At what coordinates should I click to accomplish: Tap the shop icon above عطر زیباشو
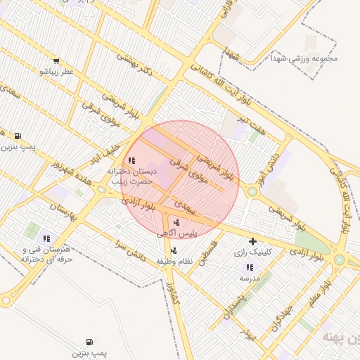pos(56,61)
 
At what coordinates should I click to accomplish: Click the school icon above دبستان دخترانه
pos(132,160)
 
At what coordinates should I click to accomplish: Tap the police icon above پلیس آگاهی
pos(176,221)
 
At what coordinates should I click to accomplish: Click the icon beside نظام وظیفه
pos(174,250)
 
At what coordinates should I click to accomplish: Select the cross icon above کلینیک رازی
pos(252,242)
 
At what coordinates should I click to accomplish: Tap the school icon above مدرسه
pos(250,267)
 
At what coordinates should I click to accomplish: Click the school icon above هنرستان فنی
pos(47,238)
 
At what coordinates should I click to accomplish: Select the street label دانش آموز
pos(269,162)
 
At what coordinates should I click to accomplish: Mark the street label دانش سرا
pos(131,252)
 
